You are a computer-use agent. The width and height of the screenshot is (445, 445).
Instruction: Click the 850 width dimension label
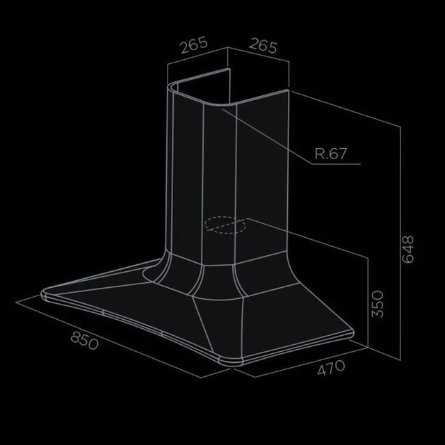pos(84,341)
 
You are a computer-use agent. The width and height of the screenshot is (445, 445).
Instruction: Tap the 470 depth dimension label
pos(331,368)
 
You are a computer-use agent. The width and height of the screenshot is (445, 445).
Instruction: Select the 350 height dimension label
pos(378,304)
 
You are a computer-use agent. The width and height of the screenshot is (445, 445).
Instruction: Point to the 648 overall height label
pos(408,250)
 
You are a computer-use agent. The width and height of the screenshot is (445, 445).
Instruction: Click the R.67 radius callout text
pos(331,154)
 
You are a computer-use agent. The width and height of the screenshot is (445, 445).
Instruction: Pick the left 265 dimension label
pos(195,44)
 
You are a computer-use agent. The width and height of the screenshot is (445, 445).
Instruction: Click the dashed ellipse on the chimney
pos(225,225)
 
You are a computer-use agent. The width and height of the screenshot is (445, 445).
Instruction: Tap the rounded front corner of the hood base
pos(231,362)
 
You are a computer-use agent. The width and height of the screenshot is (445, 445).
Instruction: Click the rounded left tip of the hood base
pos(43,294)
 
